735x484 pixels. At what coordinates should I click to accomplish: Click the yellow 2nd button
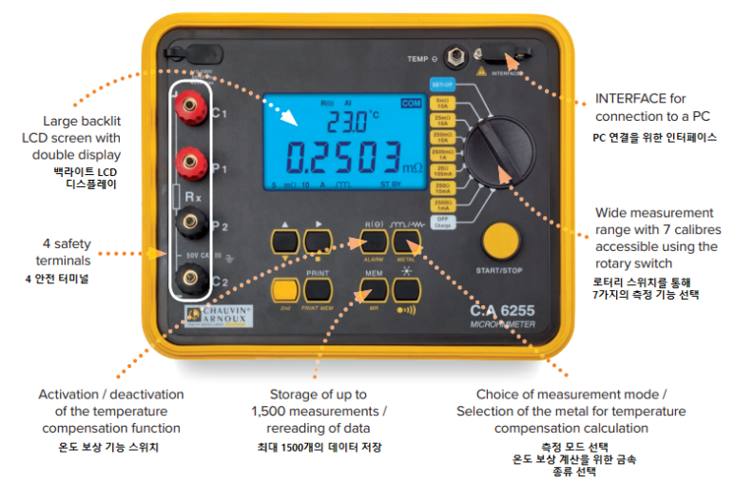pos(281,290)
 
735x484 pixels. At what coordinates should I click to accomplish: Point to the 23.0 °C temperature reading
pos(345,121)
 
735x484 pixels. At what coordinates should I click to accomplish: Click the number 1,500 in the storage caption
pos(275,411)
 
